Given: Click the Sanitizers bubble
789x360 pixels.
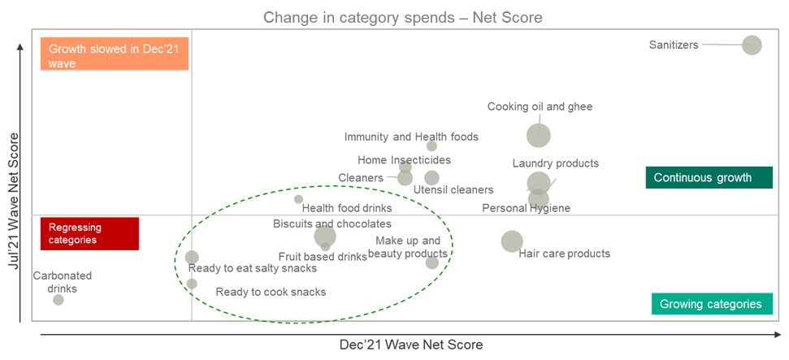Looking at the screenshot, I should pos(752,46).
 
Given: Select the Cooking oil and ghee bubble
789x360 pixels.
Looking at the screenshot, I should pos(538,136).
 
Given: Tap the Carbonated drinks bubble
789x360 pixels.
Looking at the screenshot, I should pos(59,300).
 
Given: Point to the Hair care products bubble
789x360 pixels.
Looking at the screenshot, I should pos(512,241).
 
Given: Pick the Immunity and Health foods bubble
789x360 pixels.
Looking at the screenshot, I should pos(431,146).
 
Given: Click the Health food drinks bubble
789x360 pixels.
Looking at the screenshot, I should pos(298,199).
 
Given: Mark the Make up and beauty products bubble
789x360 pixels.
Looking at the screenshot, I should pos(431,262).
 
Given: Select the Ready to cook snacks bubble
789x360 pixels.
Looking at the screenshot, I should pos(192,284).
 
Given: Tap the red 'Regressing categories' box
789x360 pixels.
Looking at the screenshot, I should pos(89,233).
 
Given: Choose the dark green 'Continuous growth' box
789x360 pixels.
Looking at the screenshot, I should pos(702,178).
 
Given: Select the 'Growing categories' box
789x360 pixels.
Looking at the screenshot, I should pos(710,304).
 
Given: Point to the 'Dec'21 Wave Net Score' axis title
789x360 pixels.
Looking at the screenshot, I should pos(410,345).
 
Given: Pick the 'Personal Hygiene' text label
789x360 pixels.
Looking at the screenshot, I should pos(526,209).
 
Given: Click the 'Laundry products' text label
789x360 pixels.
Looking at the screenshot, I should pos(555,164).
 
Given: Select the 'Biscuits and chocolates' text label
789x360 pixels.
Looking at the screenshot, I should pos(332,223).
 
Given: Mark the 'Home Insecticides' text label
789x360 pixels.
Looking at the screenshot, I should pos(404,160).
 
